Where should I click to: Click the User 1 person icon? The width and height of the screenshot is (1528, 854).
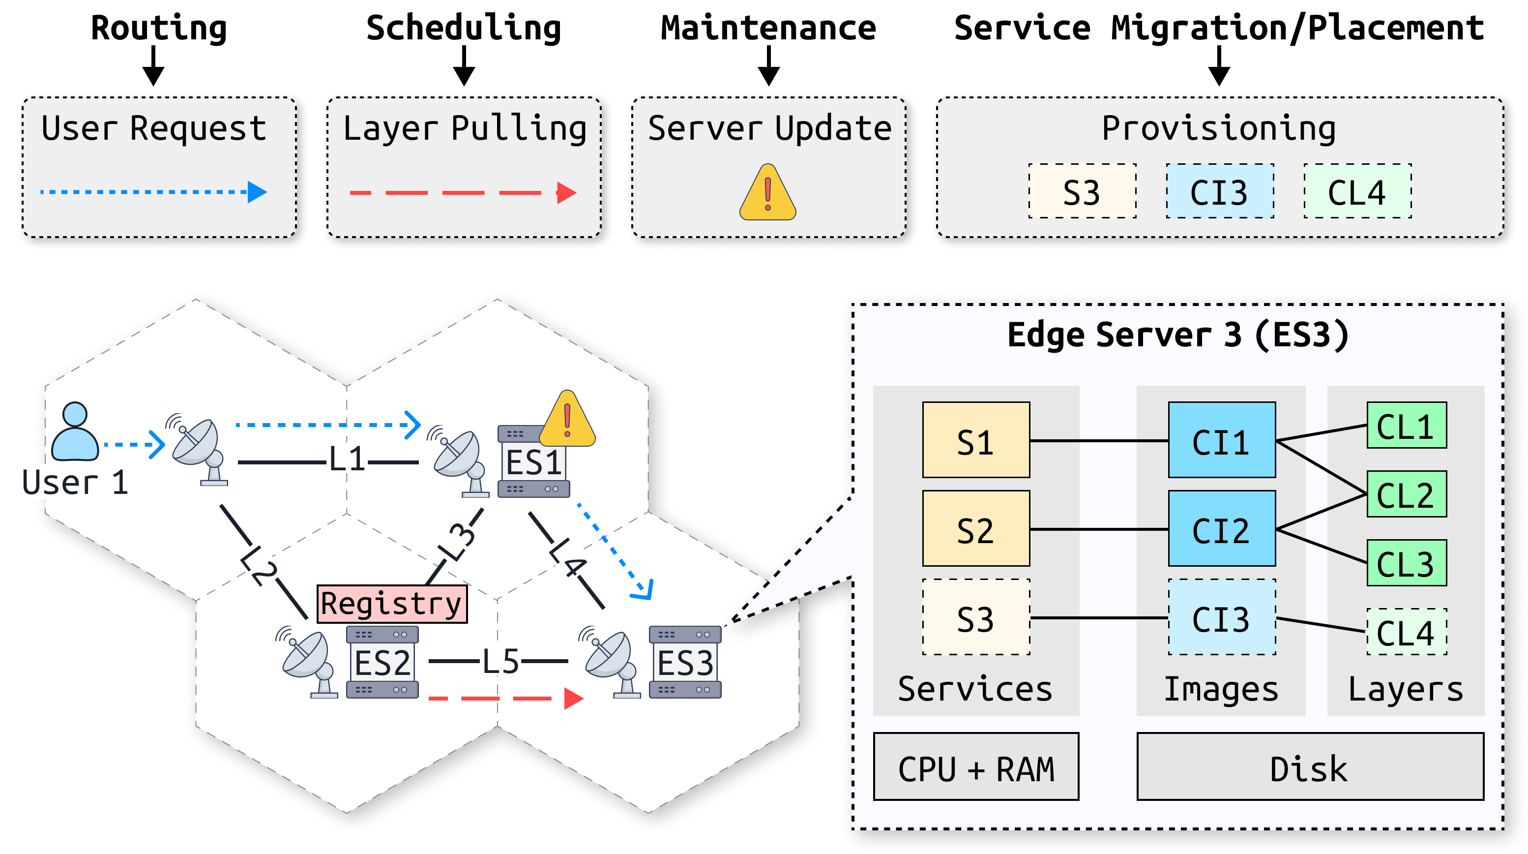click(75, 431)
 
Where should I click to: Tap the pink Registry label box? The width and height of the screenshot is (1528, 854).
click(392, 604)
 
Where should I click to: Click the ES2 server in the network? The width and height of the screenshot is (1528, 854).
click(382, 662)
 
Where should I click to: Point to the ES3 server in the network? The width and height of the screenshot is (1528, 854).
click(685, 662)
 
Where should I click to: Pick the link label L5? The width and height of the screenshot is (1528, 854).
click(500, 661)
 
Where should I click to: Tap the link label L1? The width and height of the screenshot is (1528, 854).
click(347, 459)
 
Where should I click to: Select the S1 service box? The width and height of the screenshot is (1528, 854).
click(976, 440)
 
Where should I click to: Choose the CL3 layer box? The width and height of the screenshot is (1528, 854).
click(1407, 563)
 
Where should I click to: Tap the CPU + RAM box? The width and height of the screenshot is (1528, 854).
click(976, 766)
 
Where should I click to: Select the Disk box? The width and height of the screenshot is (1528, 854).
click(1310, 766)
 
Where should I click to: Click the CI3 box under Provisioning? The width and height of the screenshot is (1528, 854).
click(1220, 191)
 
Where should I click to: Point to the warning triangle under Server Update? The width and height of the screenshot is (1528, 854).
click(767, 192)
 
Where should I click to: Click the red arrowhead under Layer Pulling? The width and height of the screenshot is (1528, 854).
click(566, 192)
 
